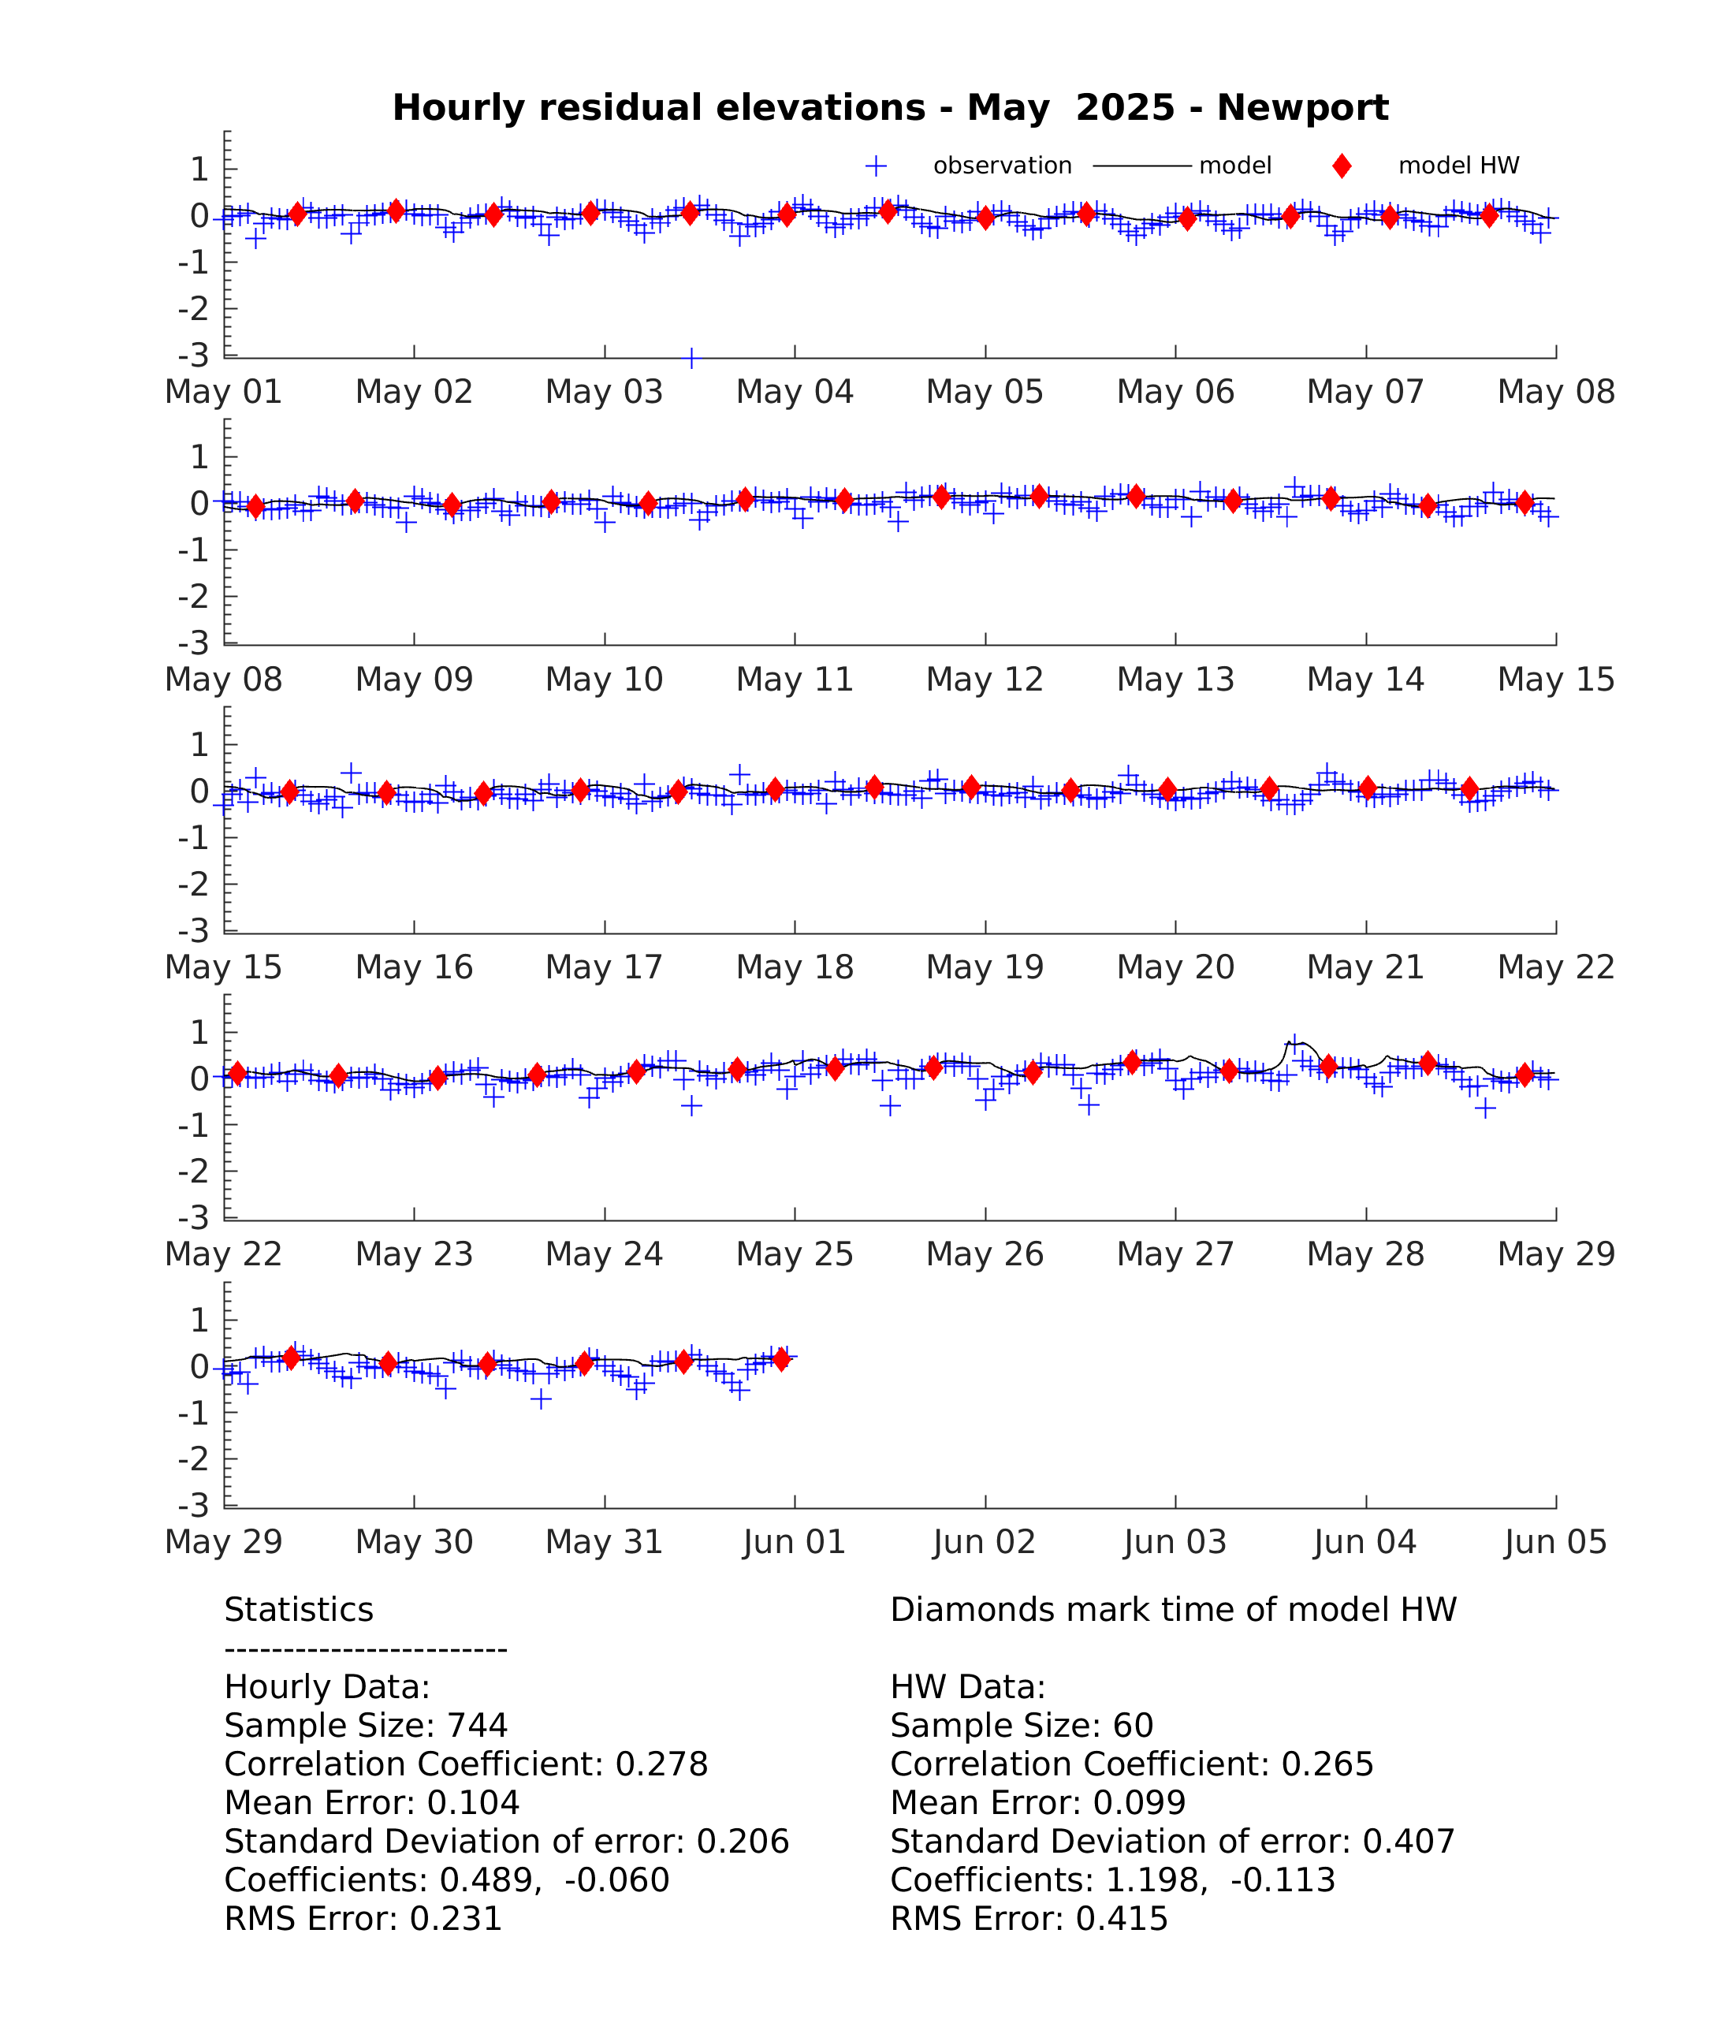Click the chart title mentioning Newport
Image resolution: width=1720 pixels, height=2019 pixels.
(x=890, y=107)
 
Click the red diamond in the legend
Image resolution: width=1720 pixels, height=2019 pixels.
(x=1342, y=166)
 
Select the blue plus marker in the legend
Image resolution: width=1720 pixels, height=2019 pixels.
(x=876, y=166)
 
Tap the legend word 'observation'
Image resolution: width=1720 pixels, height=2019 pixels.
(x=1003, y=166)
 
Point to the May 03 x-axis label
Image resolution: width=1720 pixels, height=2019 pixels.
(x=604, y=392)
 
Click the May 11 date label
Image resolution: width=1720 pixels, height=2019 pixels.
(x=795, y=679)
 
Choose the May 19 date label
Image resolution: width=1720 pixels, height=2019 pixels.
(x=985, y=967)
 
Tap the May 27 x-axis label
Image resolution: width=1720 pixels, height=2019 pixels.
(x=1175, y=1253)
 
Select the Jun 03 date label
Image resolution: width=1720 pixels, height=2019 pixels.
(x=1175, y=1541)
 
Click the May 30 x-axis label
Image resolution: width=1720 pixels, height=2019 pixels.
(x=414, y=1541)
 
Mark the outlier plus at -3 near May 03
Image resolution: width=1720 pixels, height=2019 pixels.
(x=691, y=359)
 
